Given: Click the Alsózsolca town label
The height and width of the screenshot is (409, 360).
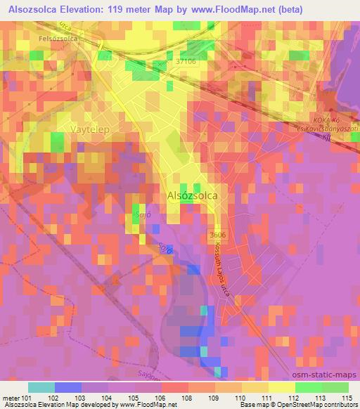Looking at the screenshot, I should [192, 197].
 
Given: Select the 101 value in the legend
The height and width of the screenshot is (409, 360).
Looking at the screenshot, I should [26, 397].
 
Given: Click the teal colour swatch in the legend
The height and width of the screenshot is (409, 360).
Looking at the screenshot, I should [41, 387].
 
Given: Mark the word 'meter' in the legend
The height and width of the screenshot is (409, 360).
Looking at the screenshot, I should [11, 397].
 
